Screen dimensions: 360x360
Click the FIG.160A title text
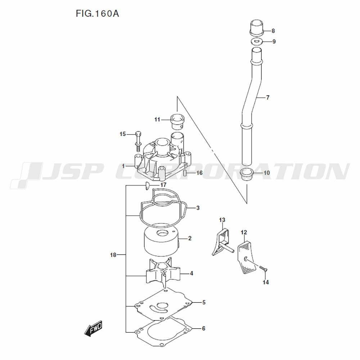tap(98, 14)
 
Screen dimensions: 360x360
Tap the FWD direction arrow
tap(93, 328)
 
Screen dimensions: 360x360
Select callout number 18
tap(113, 255)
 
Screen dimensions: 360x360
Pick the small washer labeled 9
tap(256, 42)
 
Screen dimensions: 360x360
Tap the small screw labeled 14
tap(262, 268)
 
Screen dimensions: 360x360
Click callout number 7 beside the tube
tap(267, 98)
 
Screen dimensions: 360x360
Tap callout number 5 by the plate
tap(203, 302)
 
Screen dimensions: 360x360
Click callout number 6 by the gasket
tap(203, 328)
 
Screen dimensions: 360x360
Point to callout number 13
tap(222, 220)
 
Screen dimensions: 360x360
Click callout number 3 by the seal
tap(198, 208)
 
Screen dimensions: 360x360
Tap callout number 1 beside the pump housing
tap(123, 166)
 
